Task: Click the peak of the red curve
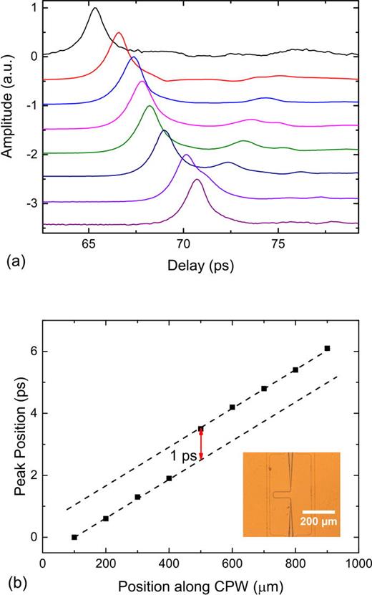119,33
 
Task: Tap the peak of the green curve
149,106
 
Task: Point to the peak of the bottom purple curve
197,180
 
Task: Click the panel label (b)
14,581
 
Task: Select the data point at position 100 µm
74,537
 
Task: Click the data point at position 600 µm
232,407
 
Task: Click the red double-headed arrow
201,444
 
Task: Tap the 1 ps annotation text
182,456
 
